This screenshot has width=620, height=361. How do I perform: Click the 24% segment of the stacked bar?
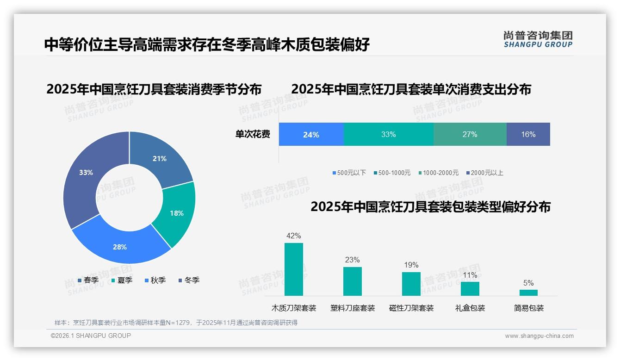point(311,135)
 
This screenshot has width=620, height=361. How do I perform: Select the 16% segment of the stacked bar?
point(528,135)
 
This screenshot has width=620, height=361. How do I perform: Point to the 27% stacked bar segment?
point(470,135)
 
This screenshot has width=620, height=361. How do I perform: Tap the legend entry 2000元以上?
point(484,173)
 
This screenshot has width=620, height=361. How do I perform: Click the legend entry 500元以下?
point(349,173)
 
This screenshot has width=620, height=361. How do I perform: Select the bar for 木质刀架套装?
point(294,269)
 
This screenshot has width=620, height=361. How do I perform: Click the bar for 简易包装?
point(528,293)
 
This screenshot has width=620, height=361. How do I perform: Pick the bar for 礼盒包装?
point(470,288)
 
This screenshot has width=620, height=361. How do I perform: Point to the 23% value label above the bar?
point(352,260)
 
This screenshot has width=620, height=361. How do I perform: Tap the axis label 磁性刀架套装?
point(411,308)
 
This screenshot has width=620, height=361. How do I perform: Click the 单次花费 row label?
point(253,135)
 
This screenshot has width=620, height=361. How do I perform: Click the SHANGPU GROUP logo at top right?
point(538,39)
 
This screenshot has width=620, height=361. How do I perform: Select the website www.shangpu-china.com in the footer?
point(539,336)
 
